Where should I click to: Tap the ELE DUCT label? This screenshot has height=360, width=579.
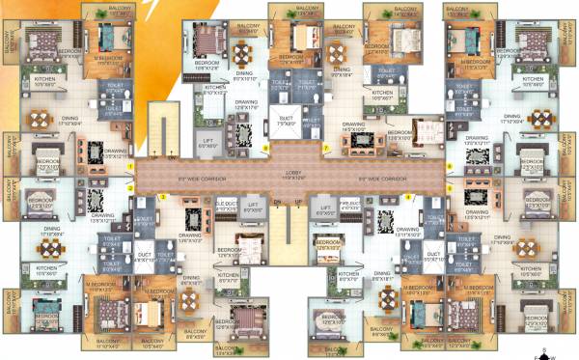point(226,206)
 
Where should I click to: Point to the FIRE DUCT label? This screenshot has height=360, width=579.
point(351,206)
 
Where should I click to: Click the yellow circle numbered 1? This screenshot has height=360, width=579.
point(130,167)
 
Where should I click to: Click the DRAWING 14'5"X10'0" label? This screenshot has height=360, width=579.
point(354,125)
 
